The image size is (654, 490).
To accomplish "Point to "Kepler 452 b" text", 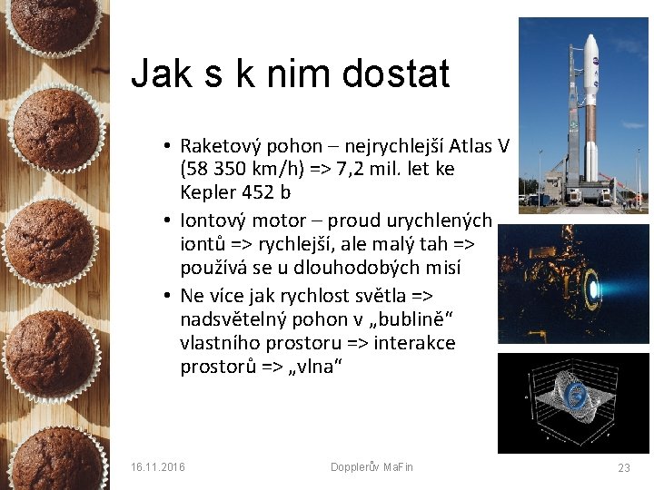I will click(x=235, y=191).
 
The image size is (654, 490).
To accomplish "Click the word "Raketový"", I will click(x=219, y=146).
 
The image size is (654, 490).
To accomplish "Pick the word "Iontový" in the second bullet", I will click(x=213, y=220).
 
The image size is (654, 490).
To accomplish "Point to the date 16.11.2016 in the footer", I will click(x=157, y=466).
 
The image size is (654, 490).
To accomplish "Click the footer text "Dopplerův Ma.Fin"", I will click(x=372, y=466).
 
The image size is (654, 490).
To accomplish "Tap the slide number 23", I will click(x=623, y=467).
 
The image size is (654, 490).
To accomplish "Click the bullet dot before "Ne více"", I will click(x=169, y=297).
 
